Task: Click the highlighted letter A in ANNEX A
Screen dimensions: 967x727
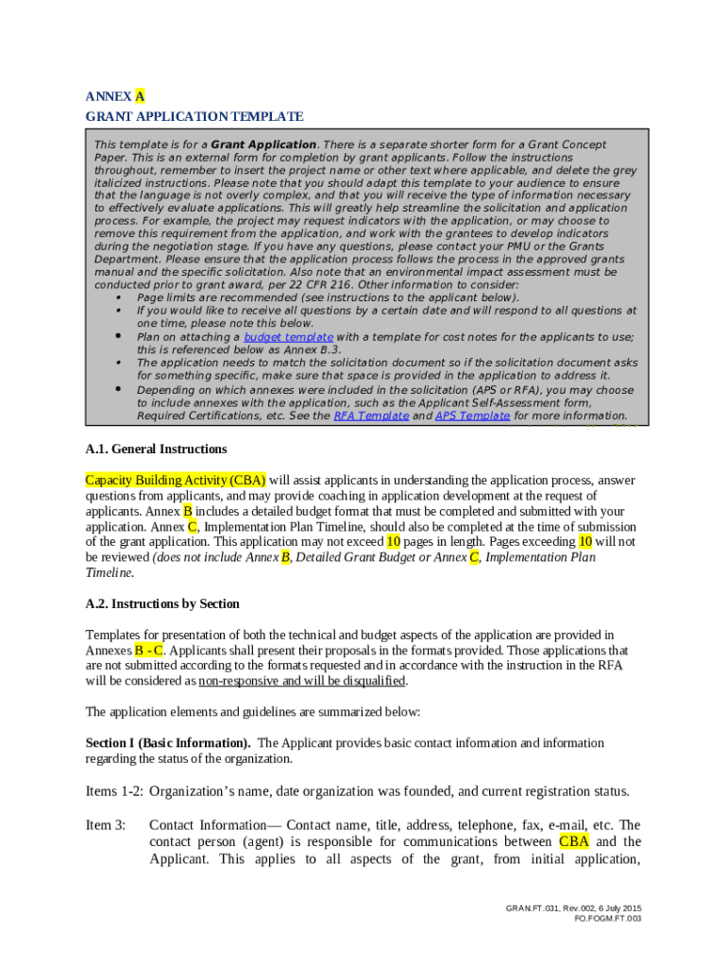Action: pos(140,96)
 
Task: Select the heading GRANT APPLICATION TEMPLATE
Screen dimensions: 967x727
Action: pos(194,116)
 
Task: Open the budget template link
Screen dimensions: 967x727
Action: pos(288,337)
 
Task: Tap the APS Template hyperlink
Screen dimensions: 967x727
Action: pos(472,416)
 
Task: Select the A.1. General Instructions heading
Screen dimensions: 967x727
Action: pos(156,449)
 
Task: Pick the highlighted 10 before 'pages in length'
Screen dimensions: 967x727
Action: pos(394,542)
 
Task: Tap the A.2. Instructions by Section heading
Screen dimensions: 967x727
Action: pos(162,603)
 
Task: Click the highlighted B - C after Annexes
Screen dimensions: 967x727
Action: pos(149,650)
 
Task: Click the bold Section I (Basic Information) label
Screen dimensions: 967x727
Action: pos(168,743)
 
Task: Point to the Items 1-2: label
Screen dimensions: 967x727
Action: pos(115,791)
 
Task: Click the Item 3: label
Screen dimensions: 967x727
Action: pos(106,825)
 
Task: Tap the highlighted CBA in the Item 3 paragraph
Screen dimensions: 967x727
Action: pos(574,842)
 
